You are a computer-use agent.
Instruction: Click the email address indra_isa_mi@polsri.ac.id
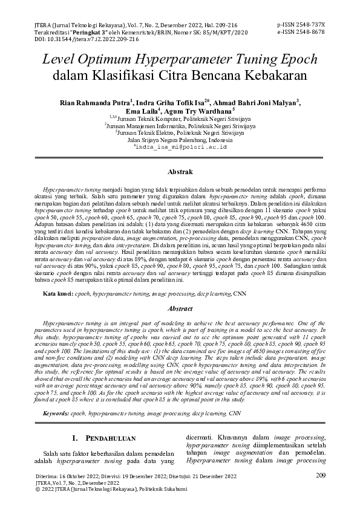click(180, 146)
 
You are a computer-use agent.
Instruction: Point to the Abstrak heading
click(180, 172)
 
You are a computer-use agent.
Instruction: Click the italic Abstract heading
click(180, 309)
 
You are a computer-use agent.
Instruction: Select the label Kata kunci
click(57, 293)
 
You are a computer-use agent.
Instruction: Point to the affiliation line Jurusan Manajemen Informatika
click(180, 125)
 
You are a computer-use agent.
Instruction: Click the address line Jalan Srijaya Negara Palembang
click(180, 139)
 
